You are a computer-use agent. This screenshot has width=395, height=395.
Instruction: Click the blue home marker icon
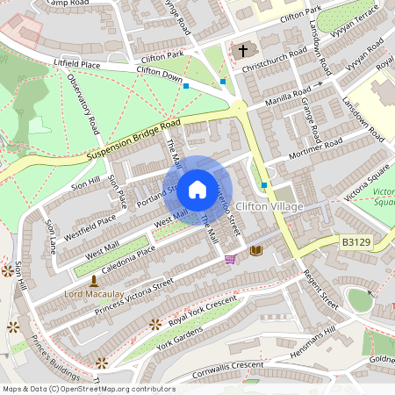[197, 189]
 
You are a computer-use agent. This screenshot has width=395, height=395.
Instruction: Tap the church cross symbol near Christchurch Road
[241, 50]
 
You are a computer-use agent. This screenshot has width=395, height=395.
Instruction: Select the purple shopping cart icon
[231, 259]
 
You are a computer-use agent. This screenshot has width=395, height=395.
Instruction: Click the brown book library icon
[255, 251]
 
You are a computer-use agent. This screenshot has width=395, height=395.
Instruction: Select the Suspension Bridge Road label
[133, 140]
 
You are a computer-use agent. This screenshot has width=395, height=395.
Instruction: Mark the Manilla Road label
[290, 95]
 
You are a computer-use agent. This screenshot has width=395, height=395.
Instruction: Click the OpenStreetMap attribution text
[88, 389]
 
